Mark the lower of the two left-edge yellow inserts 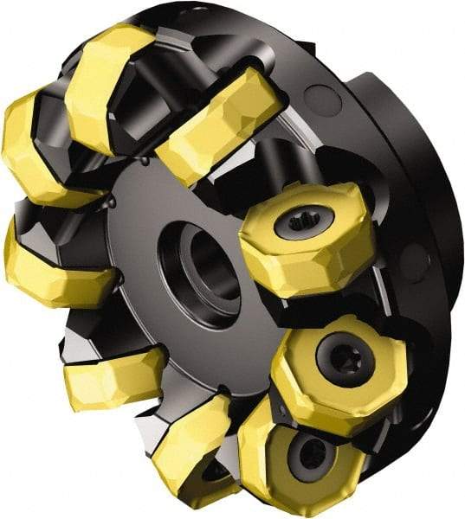[x=52, y=268]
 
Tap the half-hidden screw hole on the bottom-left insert [x=214, y=471]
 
